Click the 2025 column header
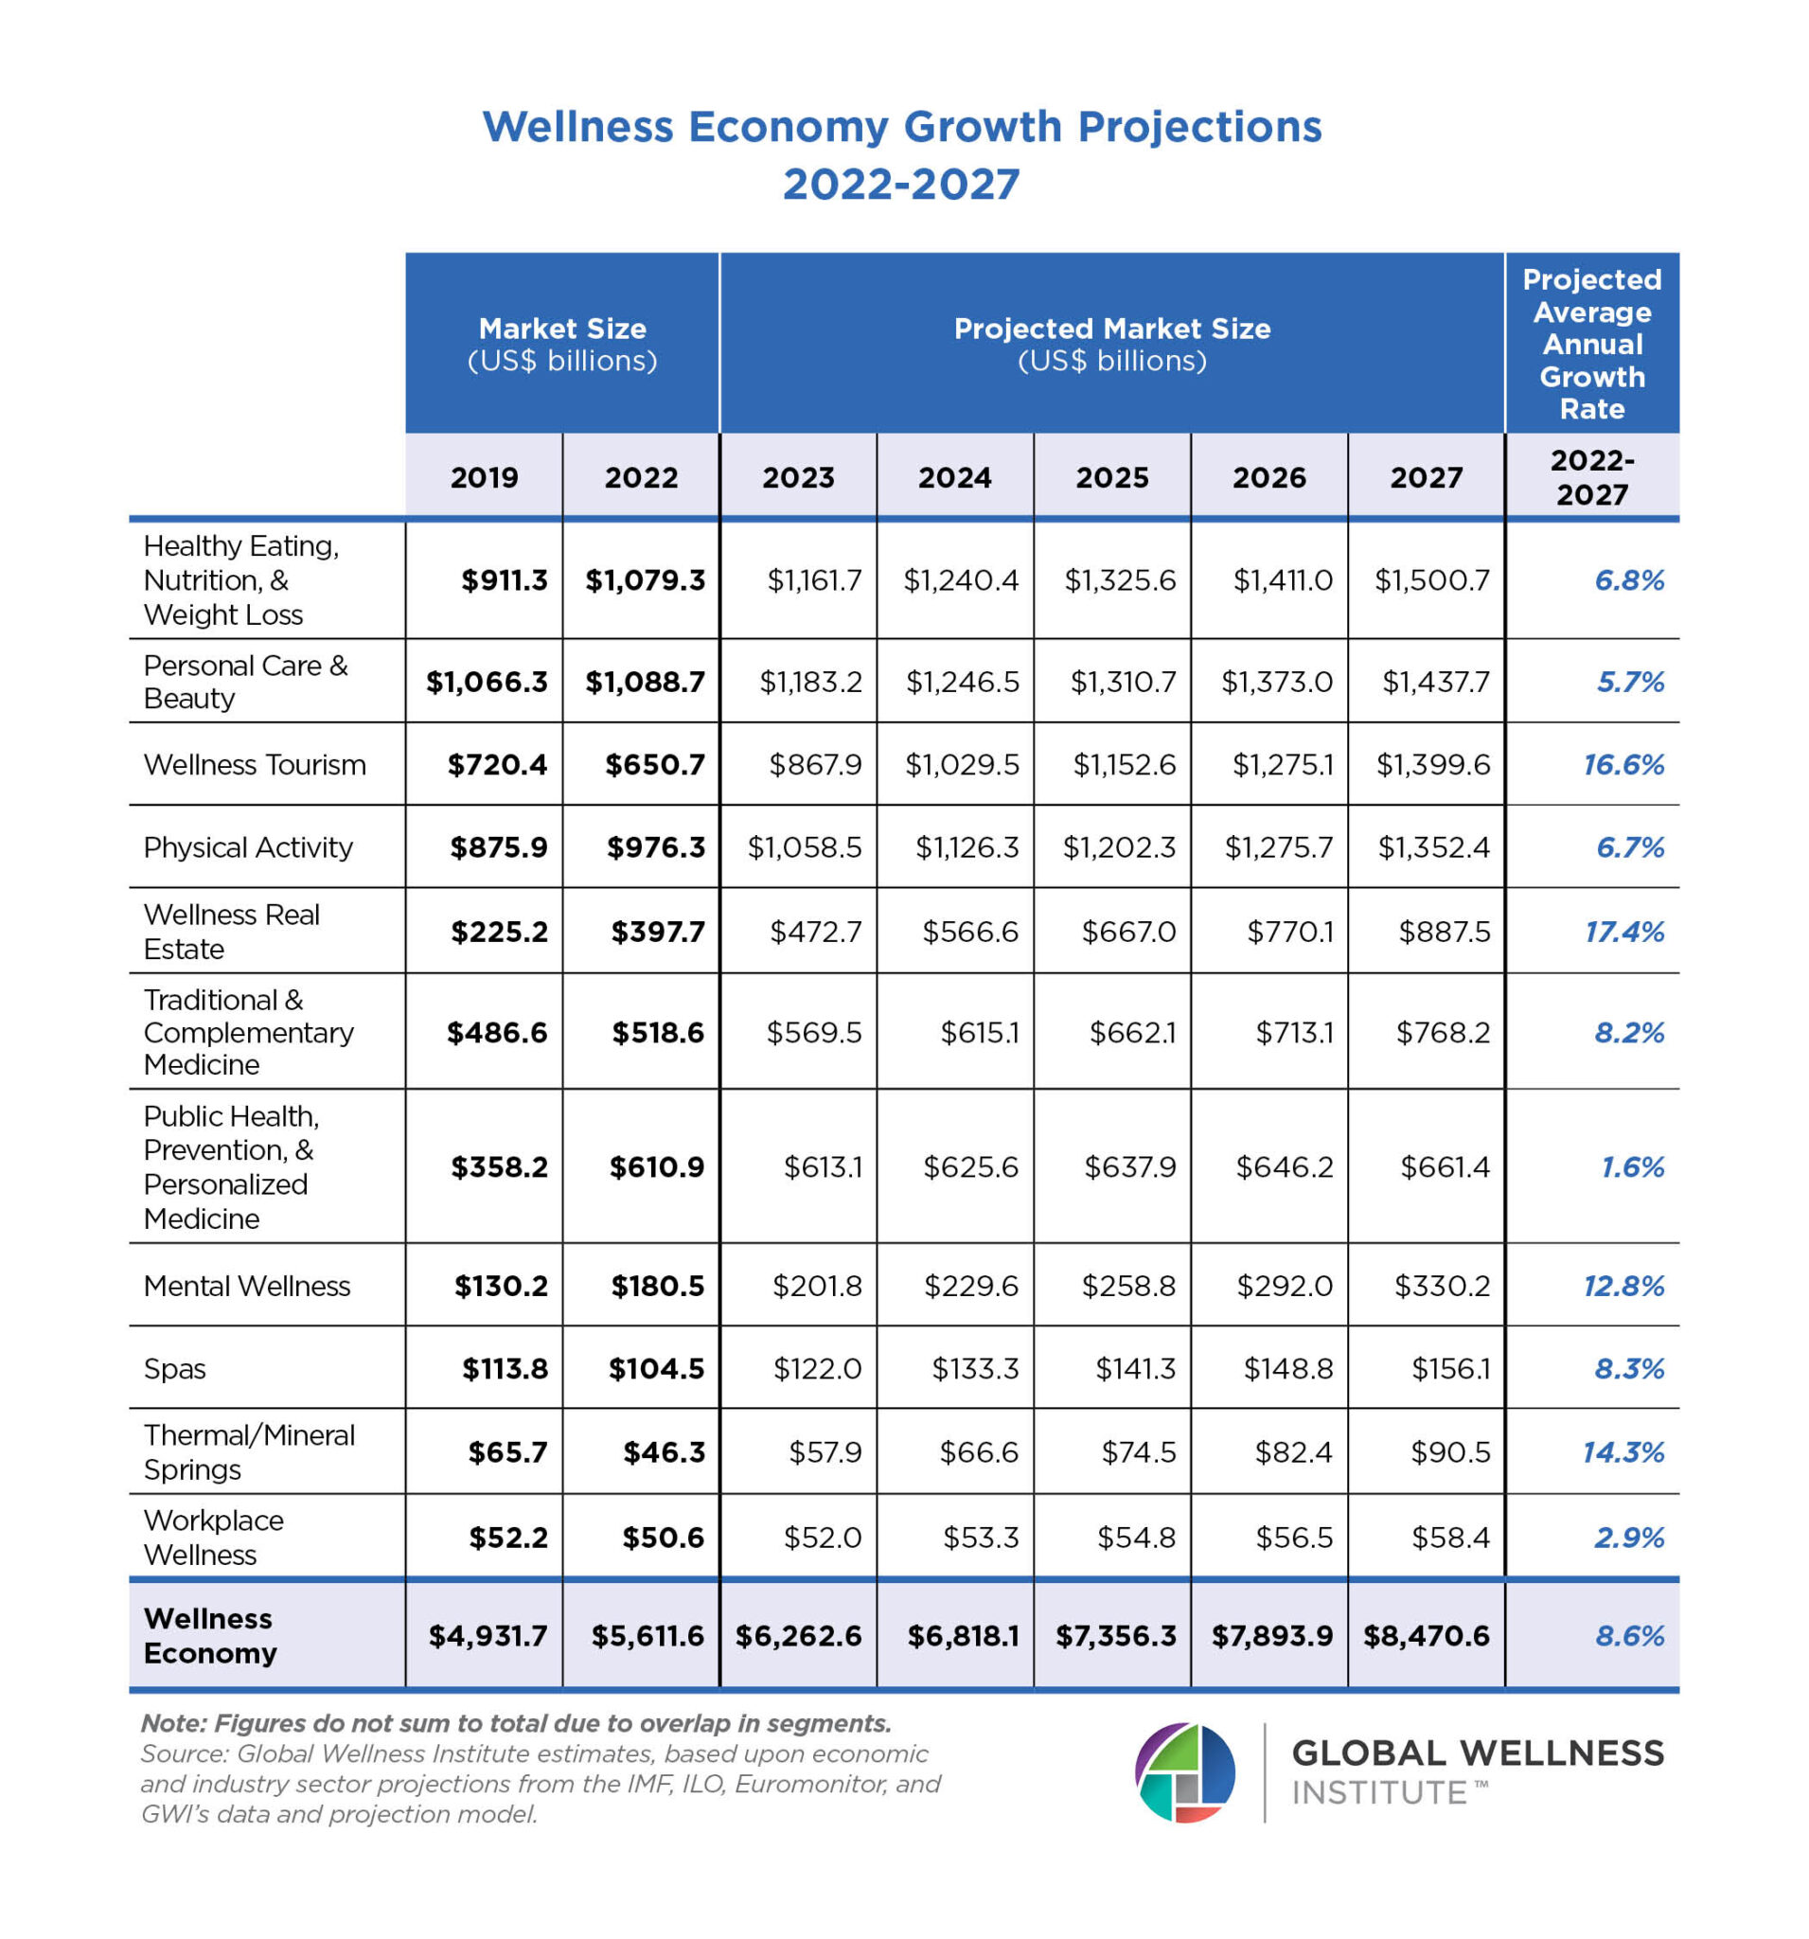(x=1111, y=477)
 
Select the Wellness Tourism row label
(x=255, y=765)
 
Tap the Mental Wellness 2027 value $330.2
(x=1442, y=1286)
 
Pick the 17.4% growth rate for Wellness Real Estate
(x=1623, y=932)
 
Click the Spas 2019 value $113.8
(x=505, y=1368)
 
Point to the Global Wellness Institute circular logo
(x=1184, y=1772)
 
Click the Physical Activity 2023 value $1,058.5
(x=805, y=847)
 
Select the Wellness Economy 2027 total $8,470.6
(x=1426, y=1636)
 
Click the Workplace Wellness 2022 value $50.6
(x=664, y=1538)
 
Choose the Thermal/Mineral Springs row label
(x=249, y=1452)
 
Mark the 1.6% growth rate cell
(x=1632, y=1166)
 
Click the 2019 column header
(x=484, y=477)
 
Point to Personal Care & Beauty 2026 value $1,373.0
(x=1277, y=682)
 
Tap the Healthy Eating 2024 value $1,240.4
(x=961, y=580)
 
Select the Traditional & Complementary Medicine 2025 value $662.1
(x=1132, y=1032)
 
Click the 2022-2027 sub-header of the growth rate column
(x=1591, y=477)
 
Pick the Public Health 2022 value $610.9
(x=656, y=1166)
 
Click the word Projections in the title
(x=1199, y=127)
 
